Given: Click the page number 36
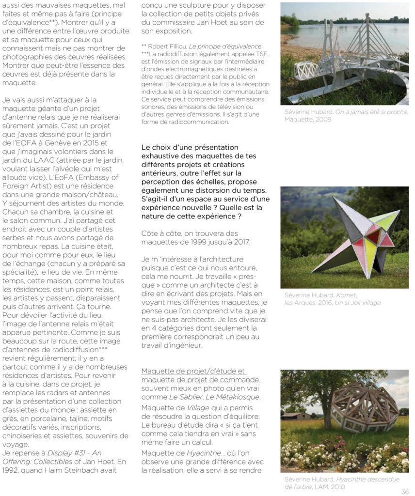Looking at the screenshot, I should coord(405,491).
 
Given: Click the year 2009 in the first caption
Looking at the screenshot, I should coord(322,119).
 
